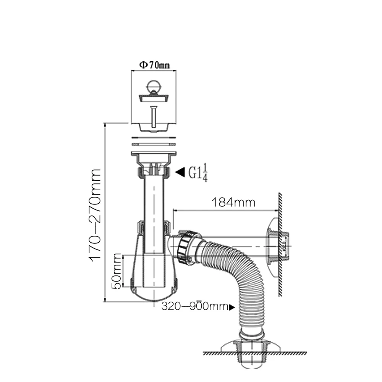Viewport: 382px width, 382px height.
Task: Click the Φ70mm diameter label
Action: point(154,65)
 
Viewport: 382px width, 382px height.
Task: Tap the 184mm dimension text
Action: point(233,202)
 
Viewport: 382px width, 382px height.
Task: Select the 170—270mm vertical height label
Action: point(95,215)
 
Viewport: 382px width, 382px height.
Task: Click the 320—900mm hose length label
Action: point(195,306)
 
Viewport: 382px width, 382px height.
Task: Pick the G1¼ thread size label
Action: point(198,173)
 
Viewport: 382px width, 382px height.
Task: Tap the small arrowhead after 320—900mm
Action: point(232,307)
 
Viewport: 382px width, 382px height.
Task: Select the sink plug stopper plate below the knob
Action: point(154,98)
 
